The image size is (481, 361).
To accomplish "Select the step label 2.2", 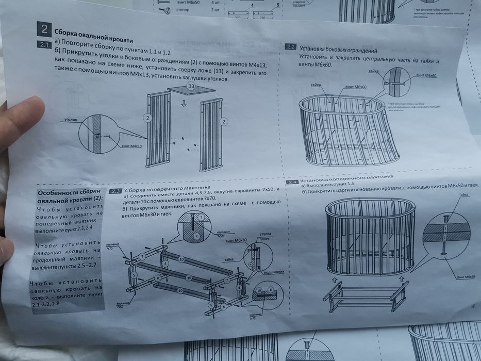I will point(290,47).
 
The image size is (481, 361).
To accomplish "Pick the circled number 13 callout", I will point(191,87).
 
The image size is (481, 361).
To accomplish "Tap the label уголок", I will point(71,119).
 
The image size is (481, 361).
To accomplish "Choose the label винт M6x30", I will point(237,240).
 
